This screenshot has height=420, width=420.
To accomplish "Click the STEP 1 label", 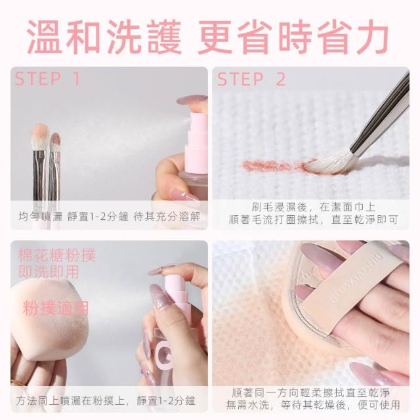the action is (x=47, y=79).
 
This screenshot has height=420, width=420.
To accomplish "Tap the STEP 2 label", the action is (x=251, y=79).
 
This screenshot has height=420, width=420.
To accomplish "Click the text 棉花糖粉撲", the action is (x=56, y=255).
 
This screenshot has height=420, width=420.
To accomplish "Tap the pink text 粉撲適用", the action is (x=56, y=308).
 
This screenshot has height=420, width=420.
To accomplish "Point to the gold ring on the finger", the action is (x=18, y=382).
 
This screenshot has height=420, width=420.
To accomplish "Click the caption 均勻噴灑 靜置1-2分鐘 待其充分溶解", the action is (x=110, y=216).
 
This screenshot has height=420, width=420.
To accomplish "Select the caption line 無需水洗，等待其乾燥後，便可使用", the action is (x=313, y=405).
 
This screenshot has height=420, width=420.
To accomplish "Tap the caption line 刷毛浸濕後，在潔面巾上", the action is (x=314, y=207).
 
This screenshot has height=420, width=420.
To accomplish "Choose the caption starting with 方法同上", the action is (x=105, y=401).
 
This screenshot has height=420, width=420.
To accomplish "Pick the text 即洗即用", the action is (x=49, y=271).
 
